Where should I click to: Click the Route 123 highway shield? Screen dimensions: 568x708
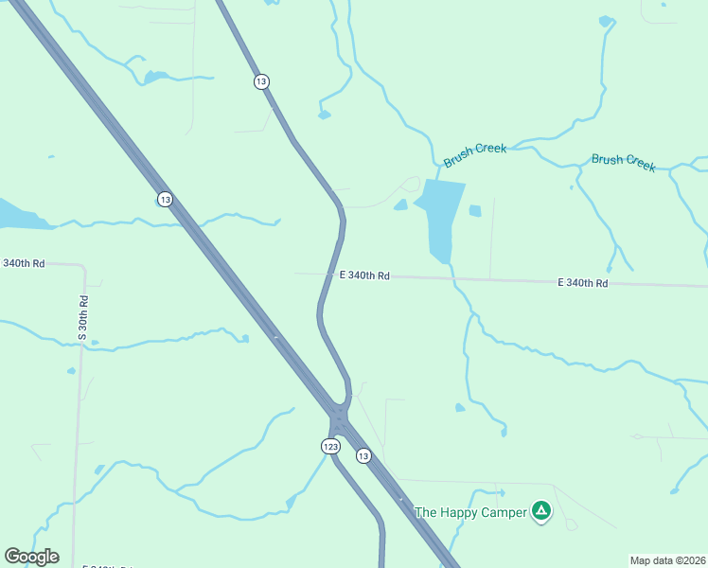coord(330,446)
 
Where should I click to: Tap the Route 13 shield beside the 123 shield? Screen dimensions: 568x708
coord(363,455)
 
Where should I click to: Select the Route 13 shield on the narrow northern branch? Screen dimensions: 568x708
coord(261,81)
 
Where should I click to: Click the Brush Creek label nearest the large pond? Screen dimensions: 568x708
coord(475,154)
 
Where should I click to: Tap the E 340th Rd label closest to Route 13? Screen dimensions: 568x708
coord(364,275)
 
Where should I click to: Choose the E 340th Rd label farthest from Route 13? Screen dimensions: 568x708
coord(582,283)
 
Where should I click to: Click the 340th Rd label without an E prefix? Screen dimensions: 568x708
coord(24,263)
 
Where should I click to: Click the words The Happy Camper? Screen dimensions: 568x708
coord(469,512)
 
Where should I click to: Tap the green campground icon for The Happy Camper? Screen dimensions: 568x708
coord(540,511)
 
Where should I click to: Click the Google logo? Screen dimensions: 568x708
coord(31,557)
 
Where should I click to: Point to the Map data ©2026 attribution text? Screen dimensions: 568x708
coord(668,560)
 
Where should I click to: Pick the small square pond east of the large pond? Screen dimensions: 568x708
coord(475,210)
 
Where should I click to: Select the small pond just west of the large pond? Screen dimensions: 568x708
coord(401,204)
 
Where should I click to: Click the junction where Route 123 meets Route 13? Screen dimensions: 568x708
coord(339,417)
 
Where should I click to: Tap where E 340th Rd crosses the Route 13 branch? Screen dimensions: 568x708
coord(330,275)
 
